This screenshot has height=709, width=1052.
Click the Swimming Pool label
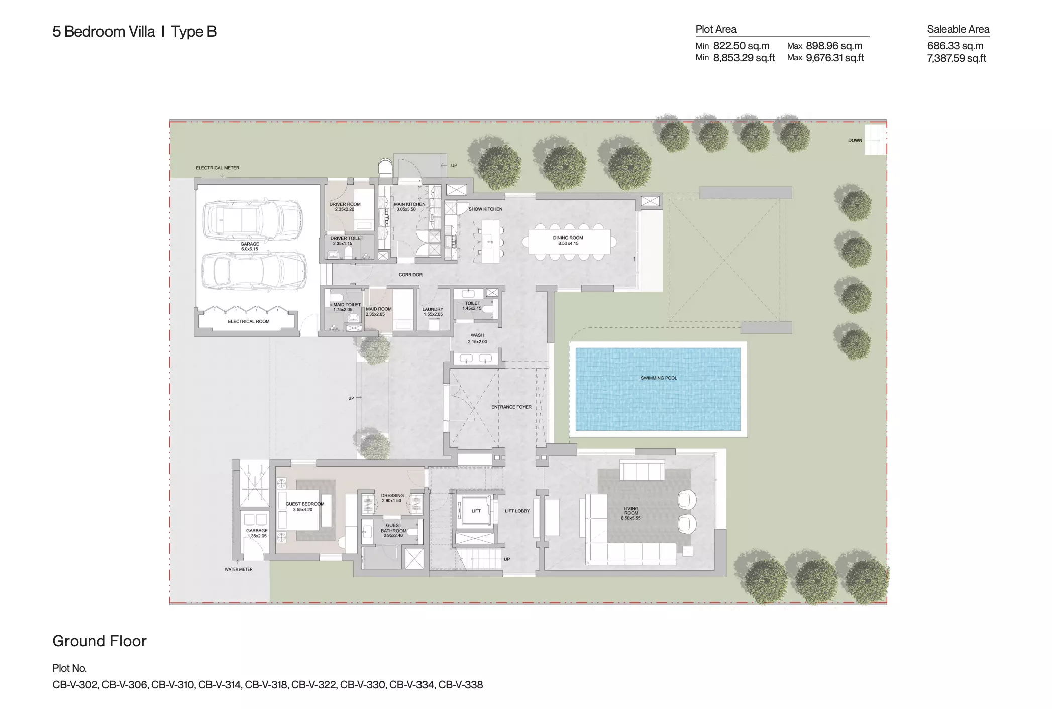click(x=658, y=378)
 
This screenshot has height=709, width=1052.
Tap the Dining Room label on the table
click(x=568, y=241)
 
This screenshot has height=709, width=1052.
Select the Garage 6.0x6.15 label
click(x=250, y=246)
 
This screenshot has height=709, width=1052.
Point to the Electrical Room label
click(x=249, y=321)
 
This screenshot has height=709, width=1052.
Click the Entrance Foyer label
click(x=511, y=407)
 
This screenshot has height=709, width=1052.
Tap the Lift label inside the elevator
click(x=476, y=511)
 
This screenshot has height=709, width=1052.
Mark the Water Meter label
click(x=238, y=569)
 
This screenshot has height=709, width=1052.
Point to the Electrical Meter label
click(x=218, y=168)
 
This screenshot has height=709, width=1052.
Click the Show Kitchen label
click(x=485, y=209)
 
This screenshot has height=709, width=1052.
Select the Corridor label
click(x=410, y=275)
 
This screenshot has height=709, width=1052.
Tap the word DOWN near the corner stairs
click(x=855, y=140)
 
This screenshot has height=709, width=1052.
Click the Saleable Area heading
click(x=958, y=29)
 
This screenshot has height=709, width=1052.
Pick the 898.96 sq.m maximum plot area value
click(x=834, y=46)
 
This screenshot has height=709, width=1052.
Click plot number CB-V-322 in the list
click(x=314, y=685)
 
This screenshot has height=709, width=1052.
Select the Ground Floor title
click(x=99, y=641)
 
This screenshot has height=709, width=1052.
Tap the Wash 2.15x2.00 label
click(x=477, y=338)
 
